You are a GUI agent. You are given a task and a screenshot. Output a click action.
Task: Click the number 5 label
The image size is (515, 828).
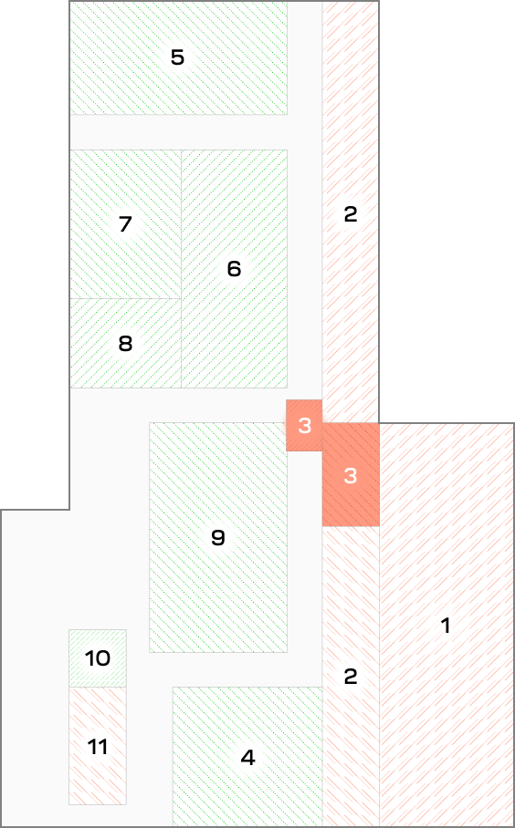point(177,57)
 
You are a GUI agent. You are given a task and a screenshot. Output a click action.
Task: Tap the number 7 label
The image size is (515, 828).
point(125,224)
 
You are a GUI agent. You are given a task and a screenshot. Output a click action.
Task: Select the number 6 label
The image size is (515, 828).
point(234,269)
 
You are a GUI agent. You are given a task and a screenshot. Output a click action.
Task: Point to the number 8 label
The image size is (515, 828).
point(125,344)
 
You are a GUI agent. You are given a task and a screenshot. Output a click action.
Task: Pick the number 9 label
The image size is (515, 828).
point(218,538)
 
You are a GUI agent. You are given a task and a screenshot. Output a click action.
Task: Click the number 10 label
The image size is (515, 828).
point(98,658)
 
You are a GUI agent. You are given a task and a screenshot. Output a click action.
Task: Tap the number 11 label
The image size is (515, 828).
point(98,747)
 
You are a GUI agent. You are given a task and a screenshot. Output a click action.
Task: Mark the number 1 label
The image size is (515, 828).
point(446,626)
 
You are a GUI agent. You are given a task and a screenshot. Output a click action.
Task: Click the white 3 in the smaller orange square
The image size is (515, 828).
point(305,426)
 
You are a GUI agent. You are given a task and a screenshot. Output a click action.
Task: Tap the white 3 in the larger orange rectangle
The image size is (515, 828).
point(351,476)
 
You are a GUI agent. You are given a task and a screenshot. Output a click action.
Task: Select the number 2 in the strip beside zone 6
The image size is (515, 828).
point(351,214)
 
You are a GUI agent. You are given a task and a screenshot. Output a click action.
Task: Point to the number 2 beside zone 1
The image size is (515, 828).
point(351,677)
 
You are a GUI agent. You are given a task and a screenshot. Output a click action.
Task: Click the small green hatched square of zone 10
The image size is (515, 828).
point(98,658)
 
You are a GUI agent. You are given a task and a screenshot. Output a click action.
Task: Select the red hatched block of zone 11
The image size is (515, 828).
point(98,746)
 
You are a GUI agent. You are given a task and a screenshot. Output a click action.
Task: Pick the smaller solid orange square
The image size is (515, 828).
point(304,425)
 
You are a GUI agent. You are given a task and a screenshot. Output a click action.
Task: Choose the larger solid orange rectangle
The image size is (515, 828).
point(351,474)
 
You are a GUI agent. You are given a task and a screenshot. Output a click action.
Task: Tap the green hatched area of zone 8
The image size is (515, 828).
point(126,343)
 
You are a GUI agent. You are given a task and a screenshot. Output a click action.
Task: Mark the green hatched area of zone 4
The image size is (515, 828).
point(247,756)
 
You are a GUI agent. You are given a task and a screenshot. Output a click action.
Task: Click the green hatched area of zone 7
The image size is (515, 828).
point(126,224)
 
